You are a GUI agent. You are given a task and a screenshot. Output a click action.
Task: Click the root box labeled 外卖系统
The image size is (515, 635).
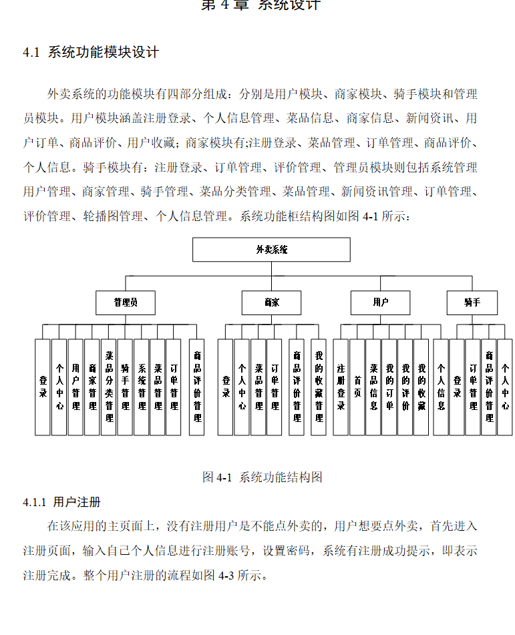(271, 249)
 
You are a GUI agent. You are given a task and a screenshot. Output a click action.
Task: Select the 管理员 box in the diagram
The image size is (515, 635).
(126, 302)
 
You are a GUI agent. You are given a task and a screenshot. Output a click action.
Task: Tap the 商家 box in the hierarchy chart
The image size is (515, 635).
(271, 302)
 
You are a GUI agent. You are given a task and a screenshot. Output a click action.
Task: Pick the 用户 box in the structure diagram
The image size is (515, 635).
(381, 302)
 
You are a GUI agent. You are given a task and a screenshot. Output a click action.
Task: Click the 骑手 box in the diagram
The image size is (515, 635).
(472, 302)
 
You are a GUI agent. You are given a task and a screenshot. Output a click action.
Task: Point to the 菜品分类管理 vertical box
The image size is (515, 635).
(109, 387)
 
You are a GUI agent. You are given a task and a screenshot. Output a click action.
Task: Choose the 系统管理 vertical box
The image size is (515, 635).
(142, 387)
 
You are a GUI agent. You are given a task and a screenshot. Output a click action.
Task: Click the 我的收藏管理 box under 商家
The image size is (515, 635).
(319, 387)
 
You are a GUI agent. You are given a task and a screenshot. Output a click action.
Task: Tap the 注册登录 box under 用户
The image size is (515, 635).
(341, 387)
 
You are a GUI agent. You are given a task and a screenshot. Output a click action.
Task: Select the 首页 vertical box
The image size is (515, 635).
(357, 387)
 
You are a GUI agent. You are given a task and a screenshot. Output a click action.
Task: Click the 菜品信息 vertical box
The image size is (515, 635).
(373, 387)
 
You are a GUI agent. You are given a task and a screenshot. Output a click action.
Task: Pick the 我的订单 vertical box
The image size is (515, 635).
(389, 387)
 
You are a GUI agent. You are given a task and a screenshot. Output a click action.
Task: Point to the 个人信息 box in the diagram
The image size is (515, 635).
(441, 387)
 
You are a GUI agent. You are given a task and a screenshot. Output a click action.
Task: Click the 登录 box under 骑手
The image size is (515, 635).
(457, 387)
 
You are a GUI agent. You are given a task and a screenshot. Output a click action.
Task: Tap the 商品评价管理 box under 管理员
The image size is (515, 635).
(197, 387)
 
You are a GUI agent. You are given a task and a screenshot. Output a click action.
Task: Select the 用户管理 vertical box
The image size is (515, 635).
(76, 387)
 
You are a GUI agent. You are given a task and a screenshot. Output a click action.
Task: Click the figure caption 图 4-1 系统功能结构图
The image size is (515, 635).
(263, 477)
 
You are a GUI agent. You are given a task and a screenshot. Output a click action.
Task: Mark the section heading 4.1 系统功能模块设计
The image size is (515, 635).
(91, 53)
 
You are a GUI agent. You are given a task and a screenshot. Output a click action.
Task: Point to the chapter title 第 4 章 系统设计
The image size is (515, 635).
(261, 5)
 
